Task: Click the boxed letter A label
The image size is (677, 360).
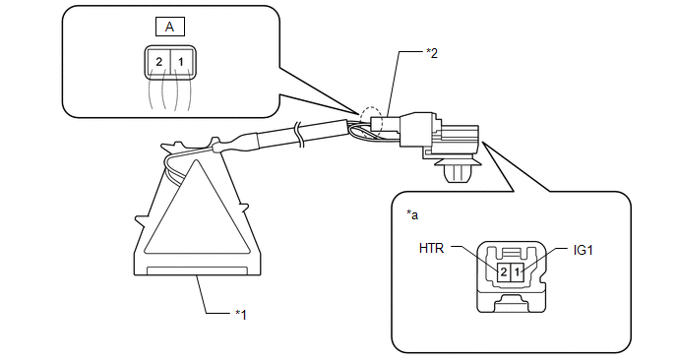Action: pyautogui.click(x=170, y=27)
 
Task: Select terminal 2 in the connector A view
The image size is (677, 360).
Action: pyautogui.click(x=158, y=62)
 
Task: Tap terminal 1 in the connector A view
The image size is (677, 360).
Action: pyautogui.click(x=182, y=62)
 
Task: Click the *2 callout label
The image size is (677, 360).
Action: pyautogui.click(x=432, y=53)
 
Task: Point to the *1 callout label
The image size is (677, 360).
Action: pyautogui.click(x=241, y=315)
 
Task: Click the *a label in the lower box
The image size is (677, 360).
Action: pyautogui.click(x=412, y=214)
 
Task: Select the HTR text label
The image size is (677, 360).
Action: pyautogui.click(x=431, y=248)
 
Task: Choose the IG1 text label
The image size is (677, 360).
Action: pyautogui.click(x=583, y=251)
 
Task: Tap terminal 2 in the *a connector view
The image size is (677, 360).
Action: pyautogui.click(x=503, y=271)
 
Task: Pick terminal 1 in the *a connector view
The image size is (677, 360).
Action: pyautogui.click(x=517, y=271)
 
